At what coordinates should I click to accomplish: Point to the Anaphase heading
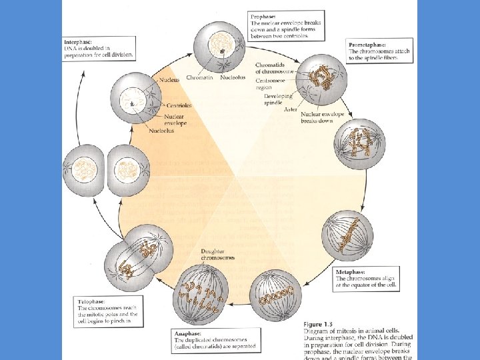coord(187,333)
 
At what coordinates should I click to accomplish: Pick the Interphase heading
coord(77,41)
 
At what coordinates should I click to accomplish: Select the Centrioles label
coord(179,105)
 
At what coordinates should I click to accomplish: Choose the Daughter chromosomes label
coord(217,254)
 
